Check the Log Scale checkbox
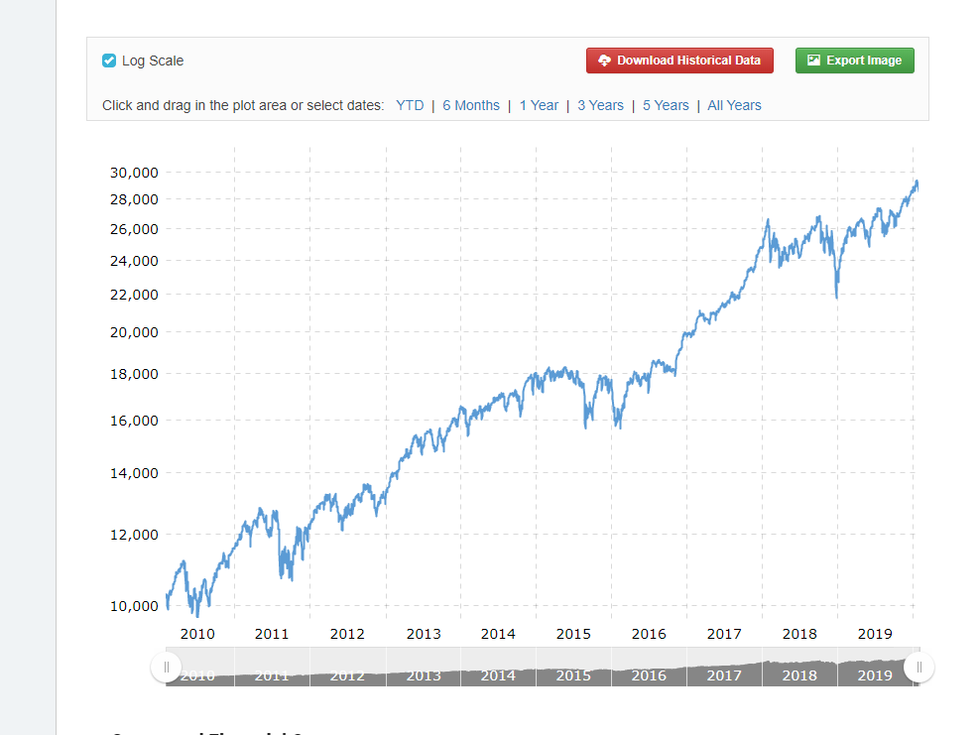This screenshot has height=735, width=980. (x=109, y=61)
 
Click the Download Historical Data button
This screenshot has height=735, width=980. (x=679, y=61)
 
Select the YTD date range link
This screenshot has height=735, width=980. (x=410, y=105)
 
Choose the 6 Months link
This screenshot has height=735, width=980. (x=471, y=105)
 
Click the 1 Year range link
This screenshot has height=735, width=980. (x=539, y=105)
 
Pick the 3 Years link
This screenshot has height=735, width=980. (x=600, y=105)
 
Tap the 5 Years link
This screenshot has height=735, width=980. (x=666, y=105)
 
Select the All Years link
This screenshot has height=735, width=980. (x=734, y=105)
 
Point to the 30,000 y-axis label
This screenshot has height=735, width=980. (x=134, y=173)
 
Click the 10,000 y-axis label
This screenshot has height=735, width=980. (x=134, y=606)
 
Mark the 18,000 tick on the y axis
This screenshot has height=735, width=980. (x=134, y=375)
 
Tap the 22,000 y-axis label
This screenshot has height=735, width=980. (x=134, y=295)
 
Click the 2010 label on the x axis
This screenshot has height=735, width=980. (x=197, y=634)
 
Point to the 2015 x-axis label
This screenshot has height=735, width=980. (x=573, y=634)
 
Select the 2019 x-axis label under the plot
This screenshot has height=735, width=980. (x=875, y=634)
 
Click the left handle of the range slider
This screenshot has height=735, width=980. (x=166, y=667)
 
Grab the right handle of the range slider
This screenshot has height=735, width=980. (x=919, y=667)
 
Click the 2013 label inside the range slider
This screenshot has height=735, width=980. (x=424, y=675)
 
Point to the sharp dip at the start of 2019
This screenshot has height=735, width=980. (x=837, y=297)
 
